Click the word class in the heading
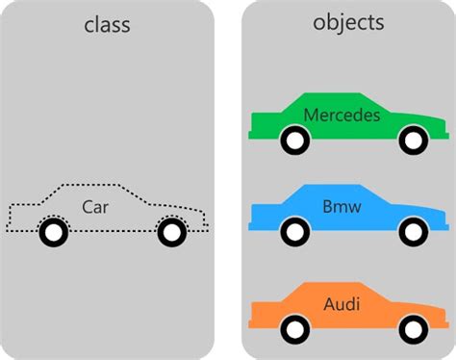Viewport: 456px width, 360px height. click(x=107, y=25)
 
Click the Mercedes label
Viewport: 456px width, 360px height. click(x=342, y=116)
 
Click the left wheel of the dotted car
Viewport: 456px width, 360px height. click(x=55, y=232)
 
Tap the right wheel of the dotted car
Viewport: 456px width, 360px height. click(x=171, y=232)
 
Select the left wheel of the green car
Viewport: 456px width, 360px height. click(x=295, y=141)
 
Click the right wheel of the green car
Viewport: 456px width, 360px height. click(x=413, y=141)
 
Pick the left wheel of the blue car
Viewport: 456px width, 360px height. click(x=295, y=232)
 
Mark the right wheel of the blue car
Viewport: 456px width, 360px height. click(x=413, y=232)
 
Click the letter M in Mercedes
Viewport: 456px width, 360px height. click(x=311, y=116)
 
